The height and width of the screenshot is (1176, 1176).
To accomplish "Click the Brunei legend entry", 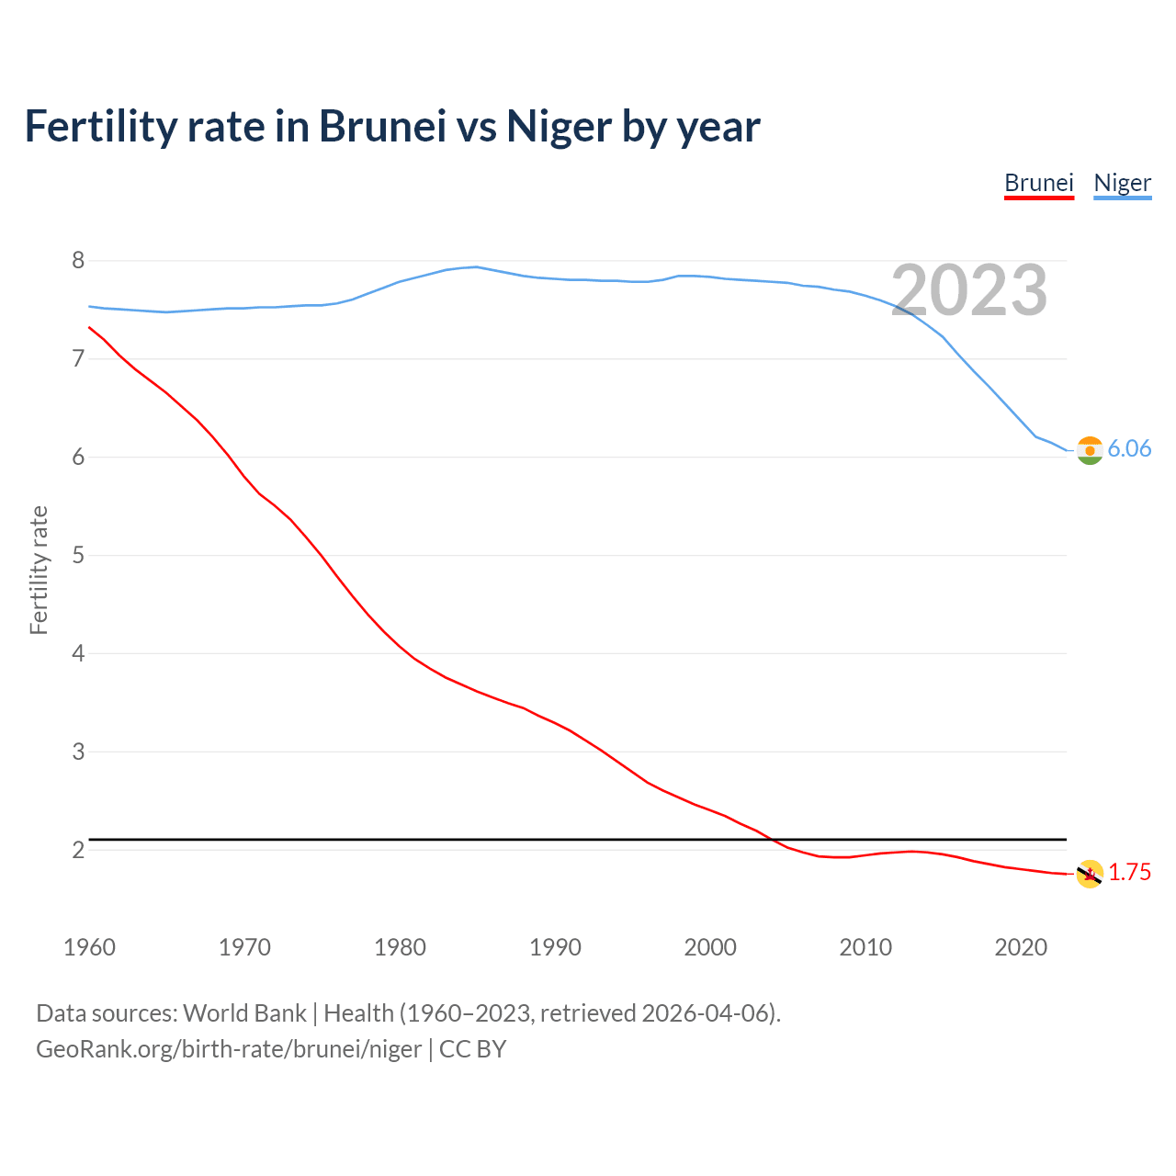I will tap(1038, 183).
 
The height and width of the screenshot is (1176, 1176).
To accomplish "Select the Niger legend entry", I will tap(1122, 183).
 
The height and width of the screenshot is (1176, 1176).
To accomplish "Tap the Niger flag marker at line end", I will tap(1089, 450).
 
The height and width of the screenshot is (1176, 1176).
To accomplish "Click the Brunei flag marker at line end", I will tap(1089, 874).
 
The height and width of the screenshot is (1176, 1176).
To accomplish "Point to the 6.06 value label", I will tap(1129, 448).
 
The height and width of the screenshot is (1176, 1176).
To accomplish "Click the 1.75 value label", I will tap(1129, 872).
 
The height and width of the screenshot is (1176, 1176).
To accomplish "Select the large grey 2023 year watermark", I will tap(969, 290).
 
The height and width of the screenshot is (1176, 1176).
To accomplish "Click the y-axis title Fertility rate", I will tap(39, 570).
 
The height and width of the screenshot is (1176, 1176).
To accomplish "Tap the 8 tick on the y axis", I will tap(78, 261).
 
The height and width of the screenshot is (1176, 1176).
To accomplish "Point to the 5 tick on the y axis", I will tap(78, 556).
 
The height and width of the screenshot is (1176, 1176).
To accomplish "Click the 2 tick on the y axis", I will tap(78, 851).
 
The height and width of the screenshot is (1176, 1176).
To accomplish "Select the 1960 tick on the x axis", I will tap(89, 947).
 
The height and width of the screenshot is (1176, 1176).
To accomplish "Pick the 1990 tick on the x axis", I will tap(555, 947).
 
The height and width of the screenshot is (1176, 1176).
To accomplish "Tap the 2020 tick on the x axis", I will tap(1021, 947).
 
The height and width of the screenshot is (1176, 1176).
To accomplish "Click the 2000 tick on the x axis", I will tap(710, 947).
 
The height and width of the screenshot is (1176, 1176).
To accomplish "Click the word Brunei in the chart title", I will tap(382, 126).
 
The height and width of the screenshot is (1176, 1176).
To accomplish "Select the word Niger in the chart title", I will tap(560, 126).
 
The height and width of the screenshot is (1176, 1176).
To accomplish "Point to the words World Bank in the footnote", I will tap(244, 1013).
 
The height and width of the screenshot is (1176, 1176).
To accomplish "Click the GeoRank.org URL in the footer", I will tap(228, 1049).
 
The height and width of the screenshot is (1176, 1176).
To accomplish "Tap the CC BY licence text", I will tap(472, 1049).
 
